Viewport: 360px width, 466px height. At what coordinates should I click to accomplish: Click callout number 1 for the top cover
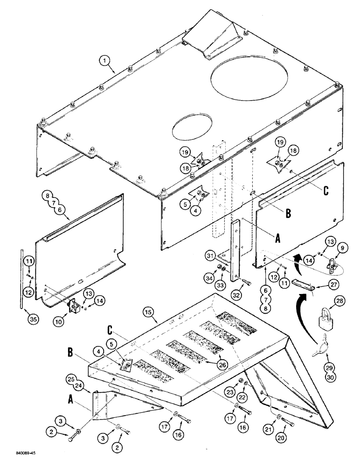click(x=106, y=60)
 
